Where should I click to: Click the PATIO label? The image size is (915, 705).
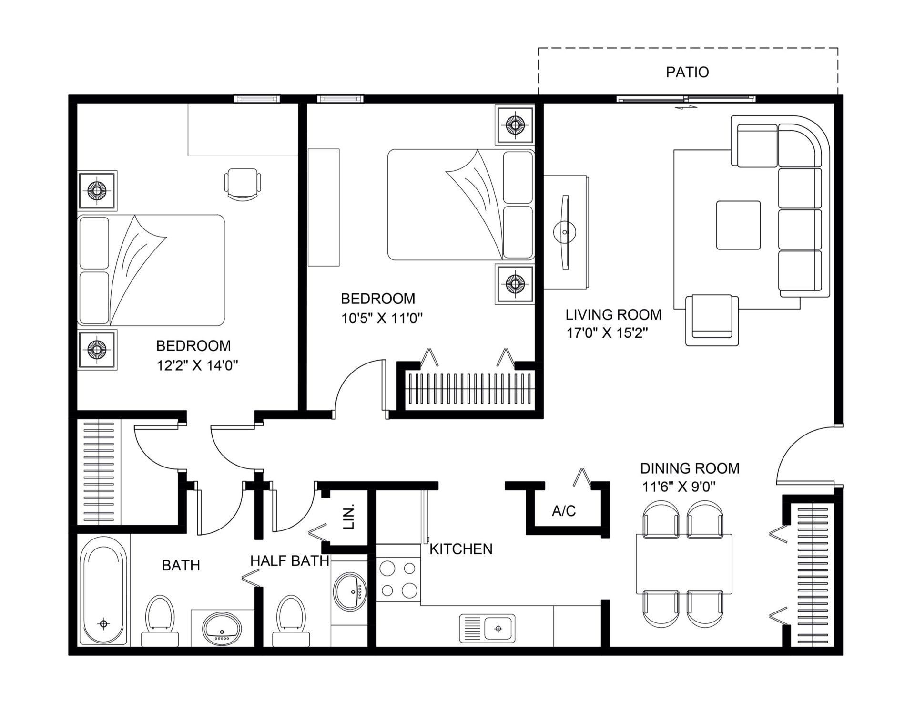[687, 72]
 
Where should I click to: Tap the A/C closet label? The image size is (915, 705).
[564, 511]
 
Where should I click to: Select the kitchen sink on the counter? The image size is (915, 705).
[487, 628]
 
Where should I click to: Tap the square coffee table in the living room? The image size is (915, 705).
[738, 225]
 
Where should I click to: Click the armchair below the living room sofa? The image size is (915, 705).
[712, 320]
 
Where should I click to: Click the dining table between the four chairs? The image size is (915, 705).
[684, 564]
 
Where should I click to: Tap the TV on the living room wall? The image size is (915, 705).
[565, 232]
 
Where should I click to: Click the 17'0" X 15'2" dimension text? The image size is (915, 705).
[607, 332]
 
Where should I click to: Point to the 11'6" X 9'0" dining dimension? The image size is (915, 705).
[679, 487]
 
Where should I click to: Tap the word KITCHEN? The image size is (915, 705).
[461, 549]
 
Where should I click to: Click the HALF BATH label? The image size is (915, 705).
[290, 560]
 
